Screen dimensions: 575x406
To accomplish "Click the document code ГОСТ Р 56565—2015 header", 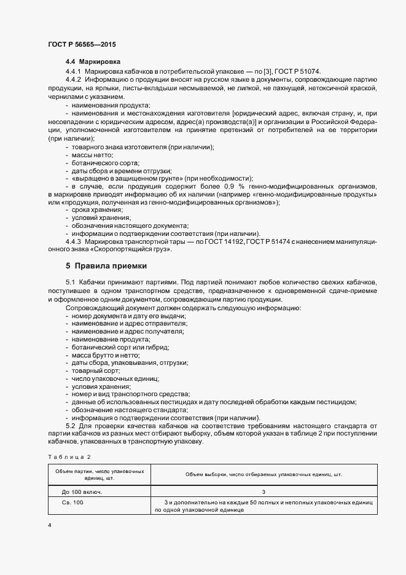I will [81, 45].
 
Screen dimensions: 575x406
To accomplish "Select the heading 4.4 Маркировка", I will [93, 62].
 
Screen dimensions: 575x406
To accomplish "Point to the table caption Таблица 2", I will [69, 457].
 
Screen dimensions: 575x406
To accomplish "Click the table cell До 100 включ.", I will [82, 492].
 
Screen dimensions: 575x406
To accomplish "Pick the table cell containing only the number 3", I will [264, 492].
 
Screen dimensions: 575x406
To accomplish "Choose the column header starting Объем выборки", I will [264, 474].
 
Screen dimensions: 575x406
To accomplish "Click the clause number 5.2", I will [69, 426].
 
